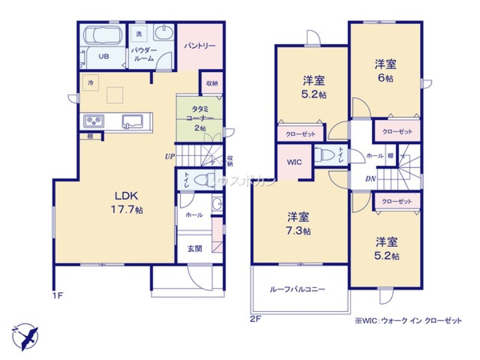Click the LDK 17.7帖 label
coord(127,202)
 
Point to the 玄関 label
coord(194,249)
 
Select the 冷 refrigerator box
coord(90,82)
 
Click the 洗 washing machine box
coord(139,34)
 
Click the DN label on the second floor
coord(370,179)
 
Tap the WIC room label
coord(294,162)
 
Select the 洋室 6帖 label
coord(385,71)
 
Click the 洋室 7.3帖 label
coord(299,223)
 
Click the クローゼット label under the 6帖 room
coord(397,131)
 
